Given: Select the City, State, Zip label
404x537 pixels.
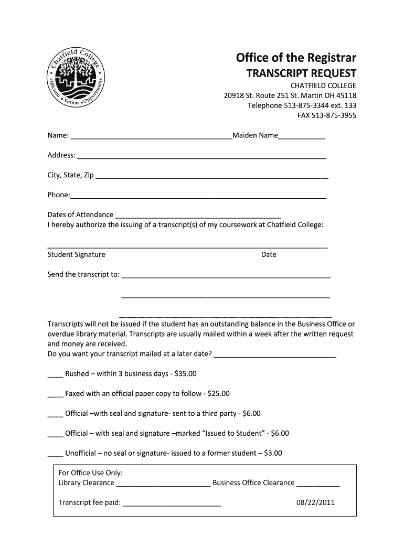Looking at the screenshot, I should pos(70,175).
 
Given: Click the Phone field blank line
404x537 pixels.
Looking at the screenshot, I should pos(198,197).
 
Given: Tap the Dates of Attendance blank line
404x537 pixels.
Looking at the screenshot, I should pos(198,216).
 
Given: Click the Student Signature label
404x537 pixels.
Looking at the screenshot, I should pos(76,255).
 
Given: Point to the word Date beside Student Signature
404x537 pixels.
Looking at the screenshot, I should pos(269,255).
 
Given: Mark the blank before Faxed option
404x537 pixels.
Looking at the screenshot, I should pos(55,395).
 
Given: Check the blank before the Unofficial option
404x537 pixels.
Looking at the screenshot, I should pos(55,455).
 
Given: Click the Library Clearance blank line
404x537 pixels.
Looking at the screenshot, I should pos(163,485).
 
